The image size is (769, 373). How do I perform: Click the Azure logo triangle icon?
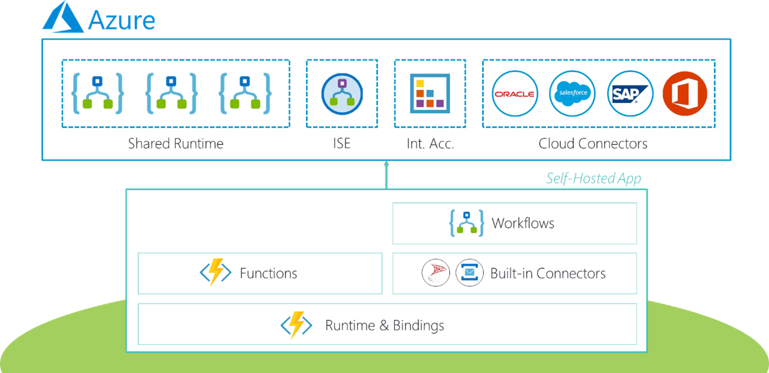(x=63, y=18)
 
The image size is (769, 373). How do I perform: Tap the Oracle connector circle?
(x=515, y=94)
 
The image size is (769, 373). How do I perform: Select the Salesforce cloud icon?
(x=572, y=94)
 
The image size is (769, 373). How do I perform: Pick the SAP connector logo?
(x=630, y=94)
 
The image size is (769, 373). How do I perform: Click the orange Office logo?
(x=684, y=94)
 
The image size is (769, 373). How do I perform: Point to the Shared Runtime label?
(x=176, y=144)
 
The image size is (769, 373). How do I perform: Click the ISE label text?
(x=341, y=144)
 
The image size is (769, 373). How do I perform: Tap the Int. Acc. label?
(x=430, y=144)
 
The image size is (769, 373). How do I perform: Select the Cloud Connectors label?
(x=593, y=144)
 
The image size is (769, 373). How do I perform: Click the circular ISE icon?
(x=342, y=94)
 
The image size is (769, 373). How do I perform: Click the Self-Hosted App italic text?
(x=593, y=179)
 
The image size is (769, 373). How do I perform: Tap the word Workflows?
(x=523, y=223)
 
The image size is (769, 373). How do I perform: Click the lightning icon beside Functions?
(x=215, y=273)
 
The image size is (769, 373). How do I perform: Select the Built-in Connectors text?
(x=548, y=273)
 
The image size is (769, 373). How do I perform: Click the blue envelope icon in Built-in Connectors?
(x=469, y=273)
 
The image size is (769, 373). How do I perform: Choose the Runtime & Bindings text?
(x=384, y=325)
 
